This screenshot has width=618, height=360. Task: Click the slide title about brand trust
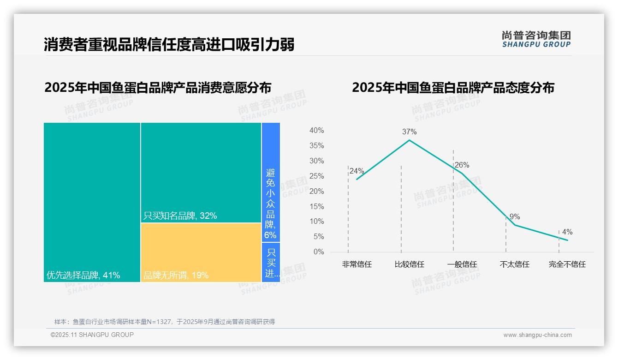click(169, 45)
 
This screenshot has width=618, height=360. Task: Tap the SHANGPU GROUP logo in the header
click(536, 39)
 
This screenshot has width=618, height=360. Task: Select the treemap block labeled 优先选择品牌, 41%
click(92, 202)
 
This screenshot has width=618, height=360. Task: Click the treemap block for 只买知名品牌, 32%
click(201, 173)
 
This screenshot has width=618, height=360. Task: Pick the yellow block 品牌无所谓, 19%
click(201, 252)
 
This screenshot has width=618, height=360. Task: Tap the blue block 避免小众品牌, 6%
click(271, 182)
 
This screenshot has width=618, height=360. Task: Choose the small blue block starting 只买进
click(271, 262)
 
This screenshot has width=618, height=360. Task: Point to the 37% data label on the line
click(409, 132)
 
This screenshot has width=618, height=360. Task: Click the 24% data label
click(357, 171)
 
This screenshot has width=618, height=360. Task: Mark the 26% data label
click(462, 165)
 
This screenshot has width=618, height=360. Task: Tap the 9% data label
click(515, 216)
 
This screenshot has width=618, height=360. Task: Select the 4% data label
click(567, 232)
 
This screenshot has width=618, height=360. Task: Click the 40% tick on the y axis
click(316, 131)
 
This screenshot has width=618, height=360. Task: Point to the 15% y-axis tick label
click(316, 206)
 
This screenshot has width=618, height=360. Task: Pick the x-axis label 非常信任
click(357, 264)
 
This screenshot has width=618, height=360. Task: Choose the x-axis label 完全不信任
click(567, 264)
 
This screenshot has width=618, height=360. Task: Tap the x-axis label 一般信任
click(462, 264)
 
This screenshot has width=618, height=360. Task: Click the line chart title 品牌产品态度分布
click(453, 88)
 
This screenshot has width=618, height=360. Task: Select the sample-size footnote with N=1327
click(165, 322)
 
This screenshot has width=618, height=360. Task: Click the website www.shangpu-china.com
click(537, 335)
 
